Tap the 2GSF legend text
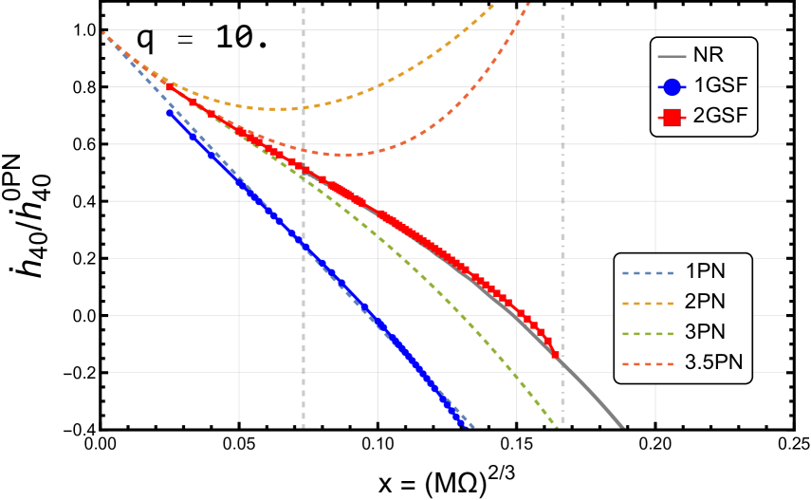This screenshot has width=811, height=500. click(x=720, y=117)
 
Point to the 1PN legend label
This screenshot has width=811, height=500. click(x=705, y=272)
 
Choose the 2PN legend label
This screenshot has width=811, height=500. click(x=705, y=303)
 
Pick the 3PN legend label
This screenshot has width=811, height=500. click(x=705, y=332)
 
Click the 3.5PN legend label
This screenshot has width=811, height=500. click(x=712, y=362)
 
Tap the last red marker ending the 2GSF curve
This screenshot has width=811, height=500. click(x=554, y=354)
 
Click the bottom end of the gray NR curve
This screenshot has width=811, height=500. click(x=623, y=426)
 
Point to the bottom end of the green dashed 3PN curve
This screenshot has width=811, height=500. click(x=556, y=427)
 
